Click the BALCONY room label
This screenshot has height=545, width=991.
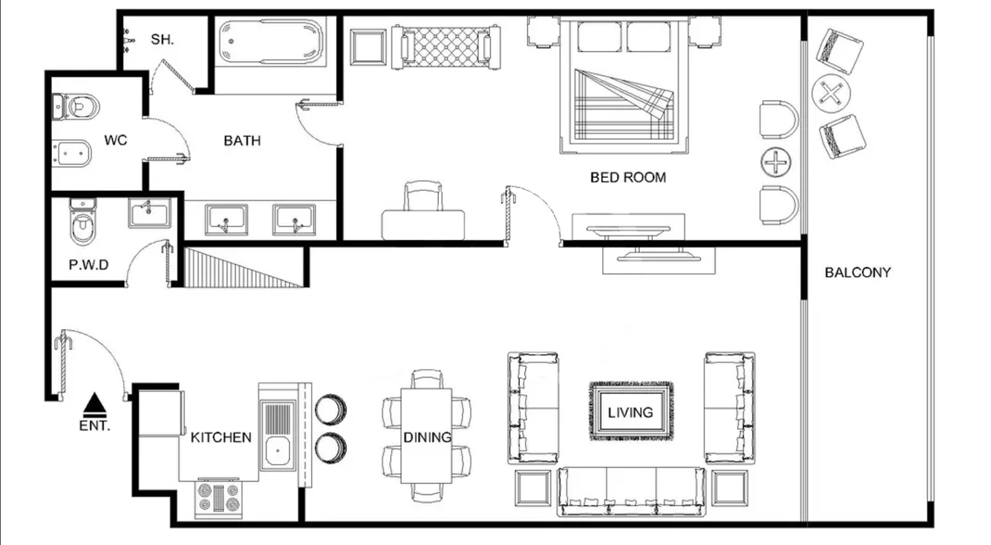(x=857, y=272)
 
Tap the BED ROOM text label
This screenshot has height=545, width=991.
(x=628, y=177)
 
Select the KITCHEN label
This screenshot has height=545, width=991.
(x=221, y=437)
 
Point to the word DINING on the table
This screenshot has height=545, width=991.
(x=427, y=437)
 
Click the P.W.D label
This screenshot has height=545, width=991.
(x=88, y=265)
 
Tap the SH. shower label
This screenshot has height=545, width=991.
(x=162, y=39)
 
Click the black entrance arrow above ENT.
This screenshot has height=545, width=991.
(x=94, y=403)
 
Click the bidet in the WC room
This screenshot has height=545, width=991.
(x=71, y=153)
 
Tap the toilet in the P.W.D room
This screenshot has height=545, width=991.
(x=83, y=221)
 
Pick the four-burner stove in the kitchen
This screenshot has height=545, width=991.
(x=219, y=498)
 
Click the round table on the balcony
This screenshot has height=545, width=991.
(x=831, y=94)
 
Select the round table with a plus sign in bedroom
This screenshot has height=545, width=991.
(x=775, y=162)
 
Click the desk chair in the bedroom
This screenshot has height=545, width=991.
(x=423, y=196)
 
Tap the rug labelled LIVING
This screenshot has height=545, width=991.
(x=631, y=411)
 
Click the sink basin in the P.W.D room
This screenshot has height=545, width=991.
(x=150, y=213)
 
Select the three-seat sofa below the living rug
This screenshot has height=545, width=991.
(x=631, y=492)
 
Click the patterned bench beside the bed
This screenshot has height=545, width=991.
(x=446, y=47)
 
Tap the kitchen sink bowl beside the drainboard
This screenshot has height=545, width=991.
(x=278, y=451)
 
